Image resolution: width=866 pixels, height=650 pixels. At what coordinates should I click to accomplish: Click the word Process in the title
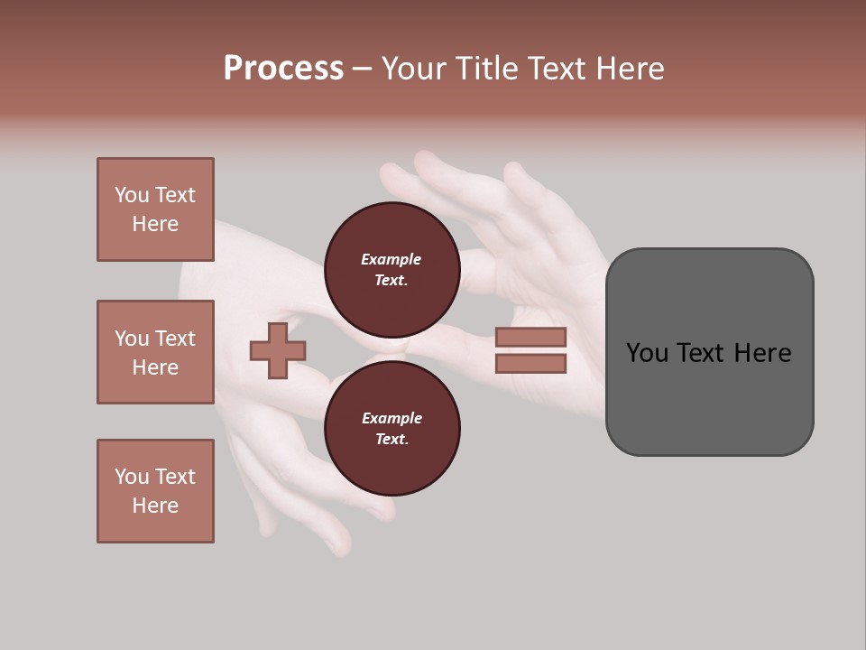(283, 69)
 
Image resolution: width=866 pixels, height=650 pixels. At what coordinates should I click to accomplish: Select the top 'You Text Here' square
(155, 209)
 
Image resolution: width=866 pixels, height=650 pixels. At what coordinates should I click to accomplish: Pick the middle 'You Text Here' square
(155, 352)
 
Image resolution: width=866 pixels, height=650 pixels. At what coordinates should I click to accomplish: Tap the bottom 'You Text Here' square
(155, 491)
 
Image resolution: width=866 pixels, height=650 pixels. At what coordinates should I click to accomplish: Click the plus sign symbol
(278, 351)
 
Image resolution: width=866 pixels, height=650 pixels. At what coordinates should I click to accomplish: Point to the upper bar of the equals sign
(530, 337)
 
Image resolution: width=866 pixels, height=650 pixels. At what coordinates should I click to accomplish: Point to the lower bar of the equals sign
(530, 364)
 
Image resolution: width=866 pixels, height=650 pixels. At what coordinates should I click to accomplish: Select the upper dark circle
(392, 269)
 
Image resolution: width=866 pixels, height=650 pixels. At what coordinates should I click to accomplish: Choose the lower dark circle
(392, 428)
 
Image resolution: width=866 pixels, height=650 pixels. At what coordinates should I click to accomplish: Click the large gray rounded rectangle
(709, 352)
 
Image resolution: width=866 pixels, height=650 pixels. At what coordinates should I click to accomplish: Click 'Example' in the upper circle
(391, 259)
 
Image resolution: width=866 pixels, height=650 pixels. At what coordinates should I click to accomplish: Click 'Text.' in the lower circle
(392, 439)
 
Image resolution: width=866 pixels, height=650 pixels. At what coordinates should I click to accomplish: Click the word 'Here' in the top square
(155, 224)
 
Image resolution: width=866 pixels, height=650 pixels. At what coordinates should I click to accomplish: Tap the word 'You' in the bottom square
(131, 477)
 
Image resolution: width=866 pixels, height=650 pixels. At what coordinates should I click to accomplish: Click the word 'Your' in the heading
(412, 69)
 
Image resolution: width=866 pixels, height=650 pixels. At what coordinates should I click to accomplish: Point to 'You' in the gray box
(647, 353)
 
